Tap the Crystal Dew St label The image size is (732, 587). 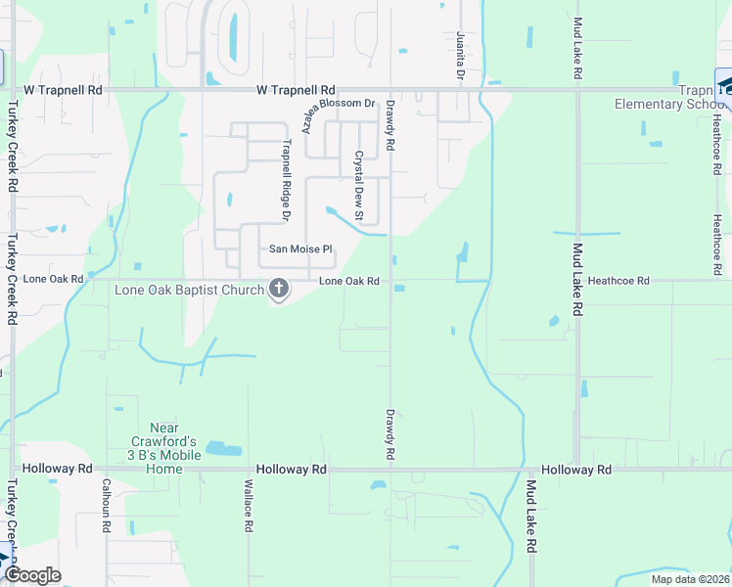click(x=359, y=185)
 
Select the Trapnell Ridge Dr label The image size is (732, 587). click(x=287, y=178)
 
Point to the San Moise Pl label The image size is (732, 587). click(x=301, y=249)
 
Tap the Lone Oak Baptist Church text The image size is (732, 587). click(x=190, y=290)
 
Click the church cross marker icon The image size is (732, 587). click(x=279, y=289)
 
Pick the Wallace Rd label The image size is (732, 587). click(x=249, y=505)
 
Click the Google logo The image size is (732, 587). click(x=32, y=575)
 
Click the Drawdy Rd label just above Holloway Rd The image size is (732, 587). click(x=389, y=434)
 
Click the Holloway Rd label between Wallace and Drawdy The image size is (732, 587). click(x=292, y=470)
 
